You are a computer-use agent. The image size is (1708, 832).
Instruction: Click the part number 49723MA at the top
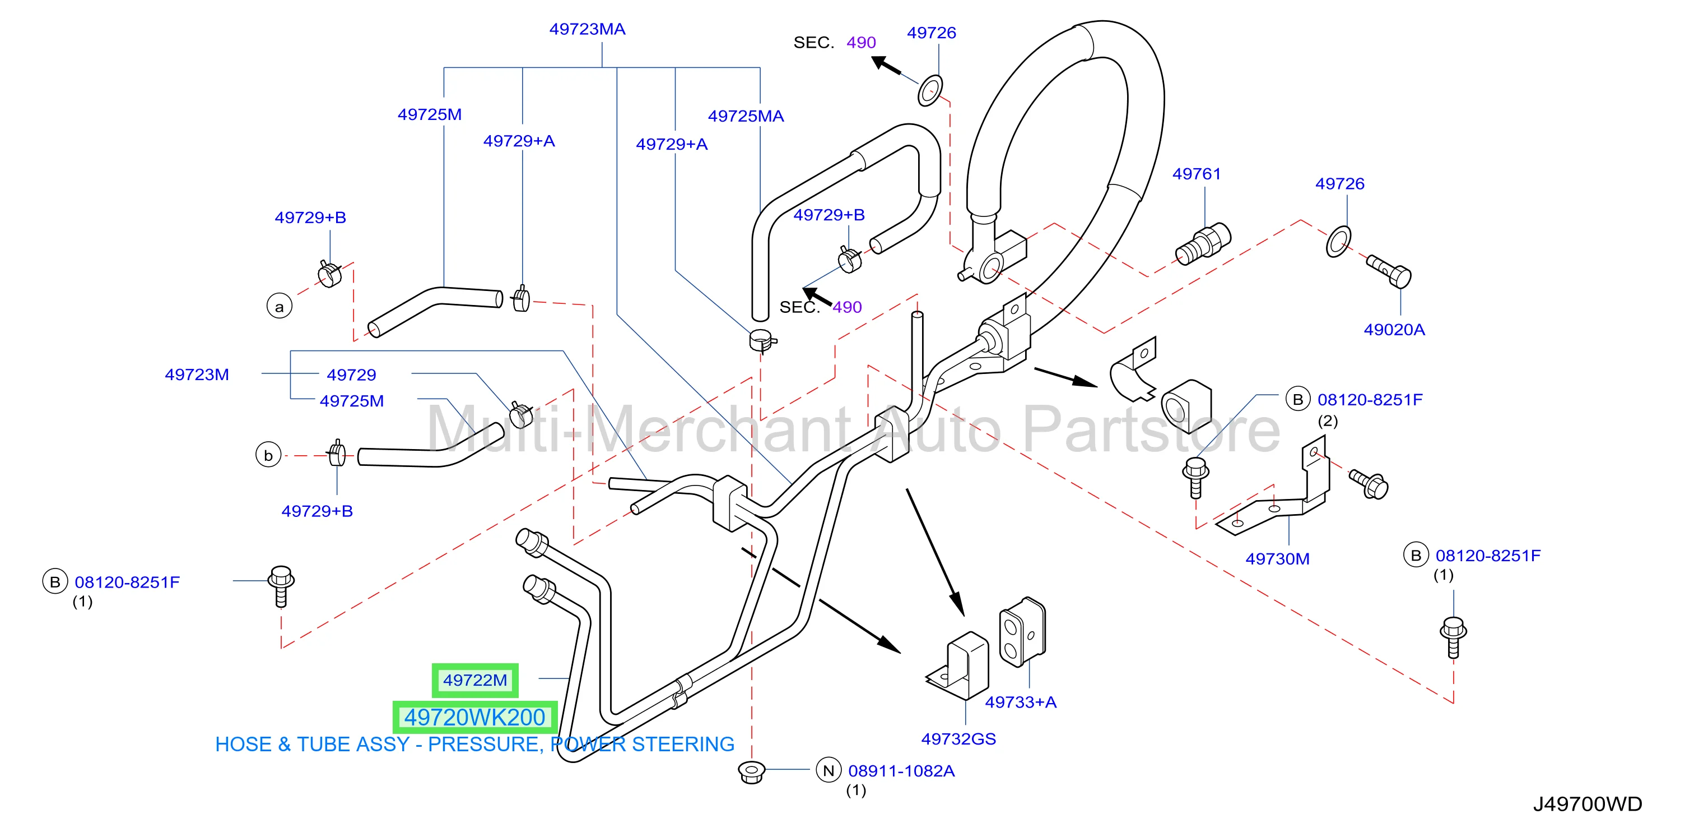(x=587, y=29)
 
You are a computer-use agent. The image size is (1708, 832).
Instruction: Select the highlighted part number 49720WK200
(x=474, y=717)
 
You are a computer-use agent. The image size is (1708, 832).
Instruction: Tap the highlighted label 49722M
(x=474, y=680)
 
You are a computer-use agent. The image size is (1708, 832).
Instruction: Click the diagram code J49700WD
(x=1588, y=804)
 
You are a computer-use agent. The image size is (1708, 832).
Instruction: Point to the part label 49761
(x=1196, y=174)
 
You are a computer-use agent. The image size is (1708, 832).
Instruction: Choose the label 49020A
(x=1394, y=330)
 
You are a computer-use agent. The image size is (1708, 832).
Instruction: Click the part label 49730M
(x=1277, y=558)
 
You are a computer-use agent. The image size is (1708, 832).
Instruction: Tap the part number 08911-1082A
(x=901, y=771)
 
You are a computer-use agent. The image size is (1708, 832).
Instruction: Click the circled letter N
(x=828, y=770)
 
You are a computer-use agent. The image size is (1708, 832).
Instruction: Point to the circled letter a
(x=279, y=307)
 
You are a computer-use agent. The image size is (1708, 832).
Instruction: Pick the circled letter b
(x=268, y=455)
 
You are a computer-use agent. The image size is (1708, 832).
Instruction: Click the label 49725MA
(x=746, y=116)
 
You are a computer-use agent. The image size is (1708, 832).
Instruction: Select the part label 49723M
(x=197, y=375)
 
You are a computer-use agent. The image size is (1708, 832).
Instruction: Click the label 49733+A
(x=1021, y=702)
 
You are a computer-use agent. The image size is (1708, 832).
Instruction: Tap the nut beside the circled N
(x=751, y=771)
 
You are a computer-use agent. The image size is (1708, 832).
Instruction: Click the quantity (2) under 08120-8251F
(x=1328, y=420)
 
